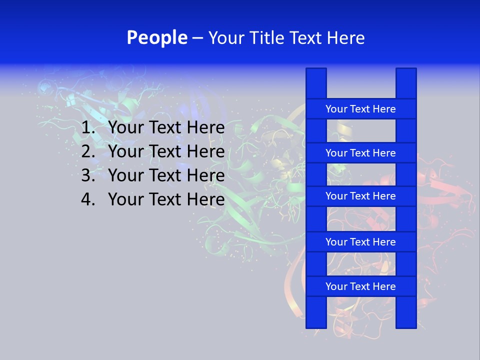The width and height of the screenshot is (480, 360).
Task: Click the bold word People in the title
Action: click(156, 37)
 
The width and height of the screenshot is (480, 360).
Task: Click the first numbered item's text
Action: click(166, 128)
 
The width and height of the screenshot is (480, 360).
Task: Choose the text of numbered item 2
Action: click(166, 151)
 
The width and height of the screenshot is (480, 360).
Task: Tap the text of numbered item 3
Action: click(166, 175)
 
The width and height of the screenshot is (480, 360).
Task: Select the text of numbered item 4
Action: click(166, 199)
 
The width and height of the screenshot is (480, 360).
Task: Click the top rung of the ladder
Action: click(360, 109)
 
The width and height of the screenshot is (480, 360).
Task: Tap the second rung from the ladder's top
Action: click(360, 153)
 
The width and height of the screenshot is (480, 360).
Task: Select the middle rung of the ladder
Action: click(360, 196)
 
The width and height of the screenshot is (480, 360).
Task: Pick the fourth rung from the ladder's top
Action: click(360, 242)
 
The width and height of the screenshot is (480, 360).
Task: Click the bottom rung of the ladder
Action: click(360, 286)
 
